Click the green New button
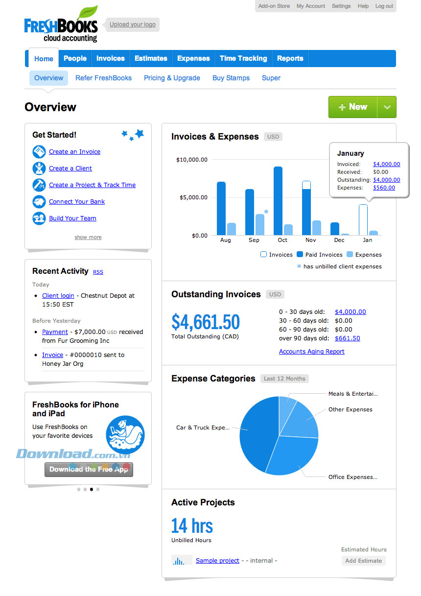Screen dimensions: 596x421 tap(352, 107)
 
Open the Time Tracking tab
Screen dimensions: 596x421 tap(243, 58)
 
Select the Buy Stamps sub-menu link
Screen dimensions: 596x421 tap(231, 78)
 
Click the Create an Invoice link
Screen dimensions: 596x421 tap(74, 152)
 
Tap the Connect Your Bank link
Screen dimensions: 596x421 tap(77, 202)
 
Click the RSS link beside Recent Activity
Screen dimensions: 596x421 tap(98, 272)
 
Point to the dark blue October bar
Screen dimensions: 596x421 tap(278, 201)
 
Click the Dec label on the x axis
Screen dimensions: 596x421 tap(339, 240)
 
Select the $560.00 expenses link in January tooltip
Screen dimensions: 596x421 tap(384, 188)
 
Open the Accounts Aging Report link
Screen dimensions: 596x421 tap(311, 352)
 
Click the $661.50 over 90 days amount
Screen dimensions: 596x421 tap(347, 338)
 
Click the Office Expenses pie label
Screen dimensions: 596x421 tap(352, 477)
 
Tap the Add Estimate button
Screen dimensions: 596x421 tap(363, 561)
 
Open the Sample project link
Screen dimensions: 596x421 tap(217, 561)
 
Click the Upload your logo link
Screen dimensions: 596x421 tap(133, 24)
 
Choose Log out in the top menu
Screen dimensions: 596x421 tap(384, 6)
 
